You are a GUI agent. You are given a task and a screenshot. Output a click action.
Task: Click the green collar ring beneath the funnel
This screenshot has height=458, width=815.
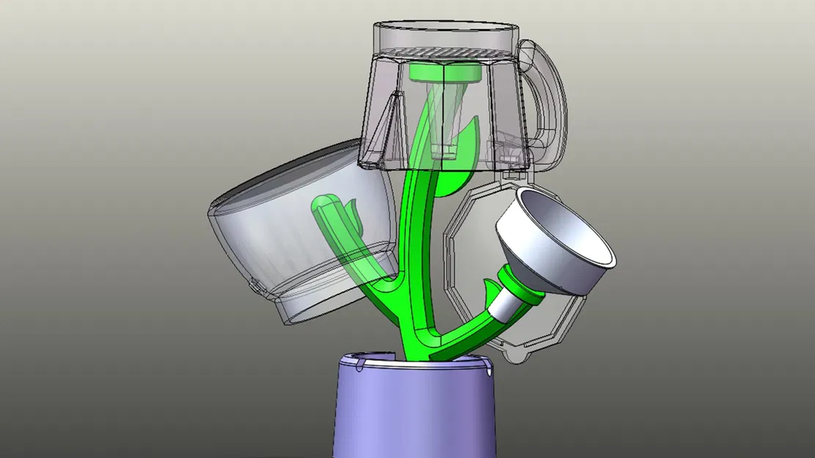coord(522,286)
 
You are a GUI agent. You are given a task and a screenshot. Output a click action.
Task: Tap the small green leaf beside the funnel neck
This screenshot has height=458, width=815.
coord(490,284)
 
